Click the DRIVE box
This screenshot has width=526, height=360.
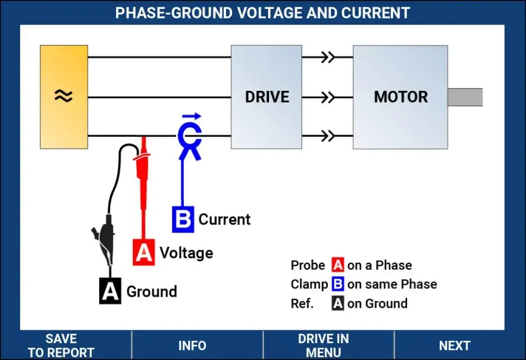coord(266,97)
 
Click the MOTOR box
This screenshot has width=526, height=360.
coord(400,97)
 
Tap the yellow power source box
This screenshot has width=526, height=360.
coord(64,97)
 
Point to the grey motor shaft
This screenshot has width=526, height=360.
coord(465,98)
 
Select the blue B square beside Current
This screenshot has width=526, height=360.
coord(183,219)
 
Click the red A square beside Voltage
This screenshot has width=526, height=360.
coord(144,252)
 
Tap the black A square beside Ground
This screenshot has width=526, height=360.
coord(110,291)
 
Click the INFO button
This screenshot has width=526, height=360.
coord(192,345)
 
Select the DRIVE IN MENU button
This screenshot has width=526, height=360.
coord(324,345)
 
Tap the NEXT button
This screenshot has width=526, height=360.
coord(455,345)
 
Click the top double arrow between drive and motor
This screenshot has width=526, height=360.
coord(327,57)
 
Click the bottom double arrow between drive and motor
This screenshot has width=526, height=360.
coord(327,136)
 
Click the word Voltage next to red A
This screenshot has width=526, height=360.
coord(186,253)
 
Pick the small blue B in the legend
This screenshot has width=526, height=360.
coord(338,284)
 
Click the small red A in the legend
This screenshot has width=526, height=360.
coord(338,265)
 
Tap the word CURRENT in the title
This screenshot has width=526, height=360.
coord(375,13)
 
